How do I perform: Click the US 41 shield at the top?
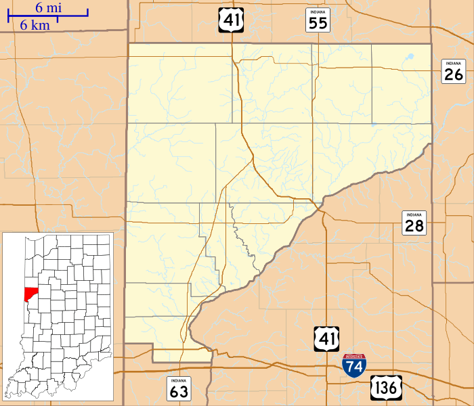(x=231, y=20)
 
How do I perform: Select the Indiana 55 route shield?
(x=318, y=21)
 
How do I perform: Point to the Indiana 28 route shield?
(x=414, y=223)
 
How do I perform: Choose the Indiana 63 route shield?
(x=179, y=388)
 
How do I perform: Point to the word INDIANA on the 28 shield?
(x=414, y=215)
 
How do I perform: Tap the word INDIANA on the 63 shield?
(x=179, y=380)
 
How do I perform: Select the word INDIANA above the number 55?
(x=318, y=13)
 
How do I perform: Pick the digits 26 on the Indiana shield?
(x=454, y=74)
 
